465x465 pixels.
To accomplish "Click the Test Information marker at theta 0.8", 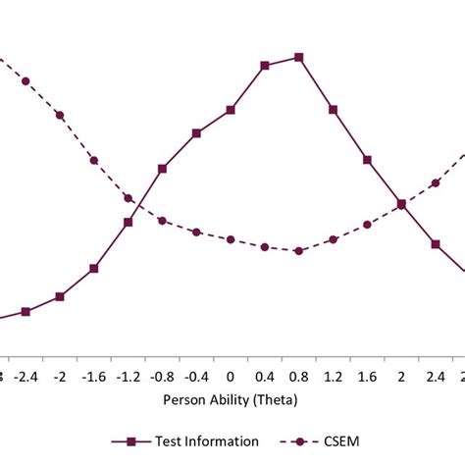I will point(299,57).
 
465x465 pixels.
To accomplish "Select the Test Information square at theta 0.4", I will point(265,66).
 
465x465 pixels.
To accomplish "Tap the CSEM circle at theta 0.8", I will point(299,250).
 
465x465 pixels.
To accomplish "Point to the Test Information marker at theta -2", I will point(60,296).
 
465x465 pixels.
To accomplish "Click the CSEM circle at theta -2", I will point(60,115).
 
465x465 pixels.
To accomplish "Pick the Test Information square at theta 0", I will point(231,110).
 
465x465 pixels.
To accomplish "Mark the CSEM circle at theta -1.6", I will point(94,160).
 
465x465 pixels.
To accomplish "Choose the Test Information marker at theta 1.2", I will point(334,108).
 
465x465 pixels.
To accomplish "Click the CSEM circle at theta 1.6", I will point(368,225).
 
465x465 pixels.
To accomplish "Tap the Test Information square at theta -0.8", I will point(162,169).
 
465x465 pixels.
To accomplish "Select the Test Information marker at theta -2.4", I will point(26,312).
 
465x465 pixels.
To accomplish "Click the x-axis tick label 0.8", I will point(299,376).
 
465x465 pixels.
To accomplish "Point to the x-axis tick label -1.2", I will point(128,376).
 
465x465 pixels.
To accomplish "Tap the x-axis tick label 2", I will point(401,376).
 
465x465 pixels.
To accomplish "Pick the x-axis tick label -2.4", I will point(26,376).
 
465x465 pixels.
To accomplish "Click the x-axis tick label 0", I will point(231,376).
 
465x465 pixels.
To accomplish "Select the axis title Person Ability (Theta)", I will point(232,400).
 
